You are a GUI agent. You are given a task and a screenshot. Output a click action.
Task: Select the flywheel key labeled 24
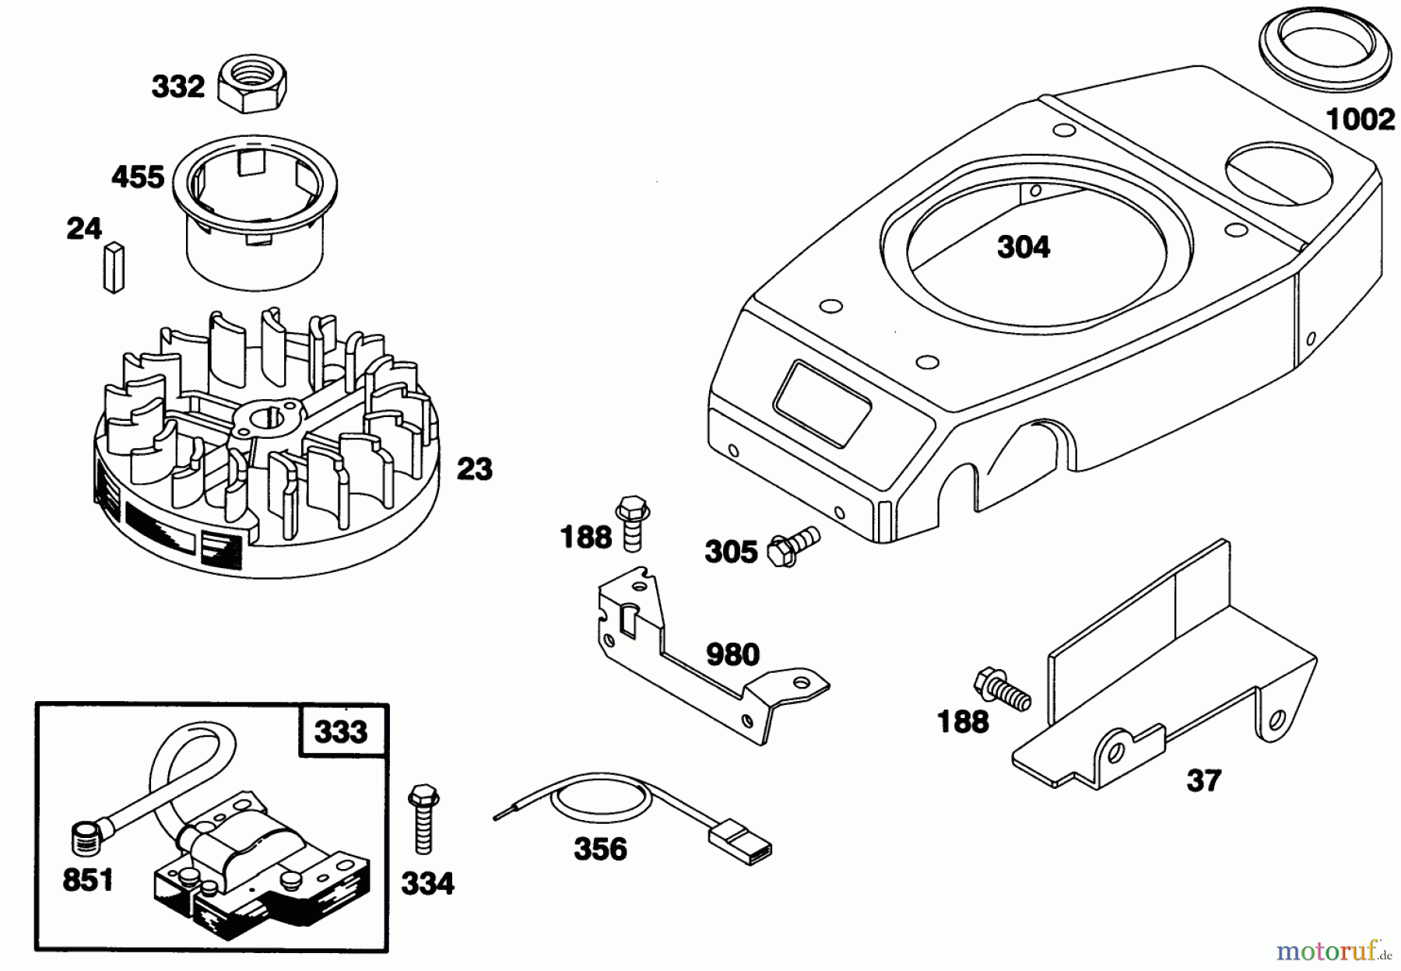114,268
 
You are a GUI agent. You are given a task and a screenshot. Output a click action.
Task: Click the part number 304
1024,247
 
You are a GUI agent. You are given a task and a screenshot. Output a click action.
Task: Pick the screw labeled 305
793,546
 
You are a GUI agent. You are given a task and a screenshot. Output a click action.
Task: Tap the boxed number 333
342,731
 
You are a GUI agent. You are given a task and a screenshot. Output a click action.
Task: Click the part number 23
474,469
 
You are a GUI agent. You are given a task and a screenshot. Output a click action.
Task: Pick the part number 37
1203,780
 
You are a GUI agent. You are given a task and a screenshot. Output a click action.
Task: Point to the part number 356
600,849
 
